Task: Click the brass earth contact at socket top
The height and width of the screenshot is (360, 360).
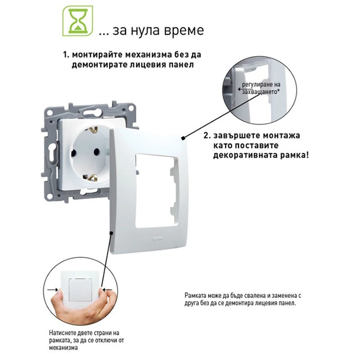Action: [x=94, y=128]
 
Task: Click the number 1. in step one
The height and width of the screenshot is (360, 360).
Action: [x=67, y=54]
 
